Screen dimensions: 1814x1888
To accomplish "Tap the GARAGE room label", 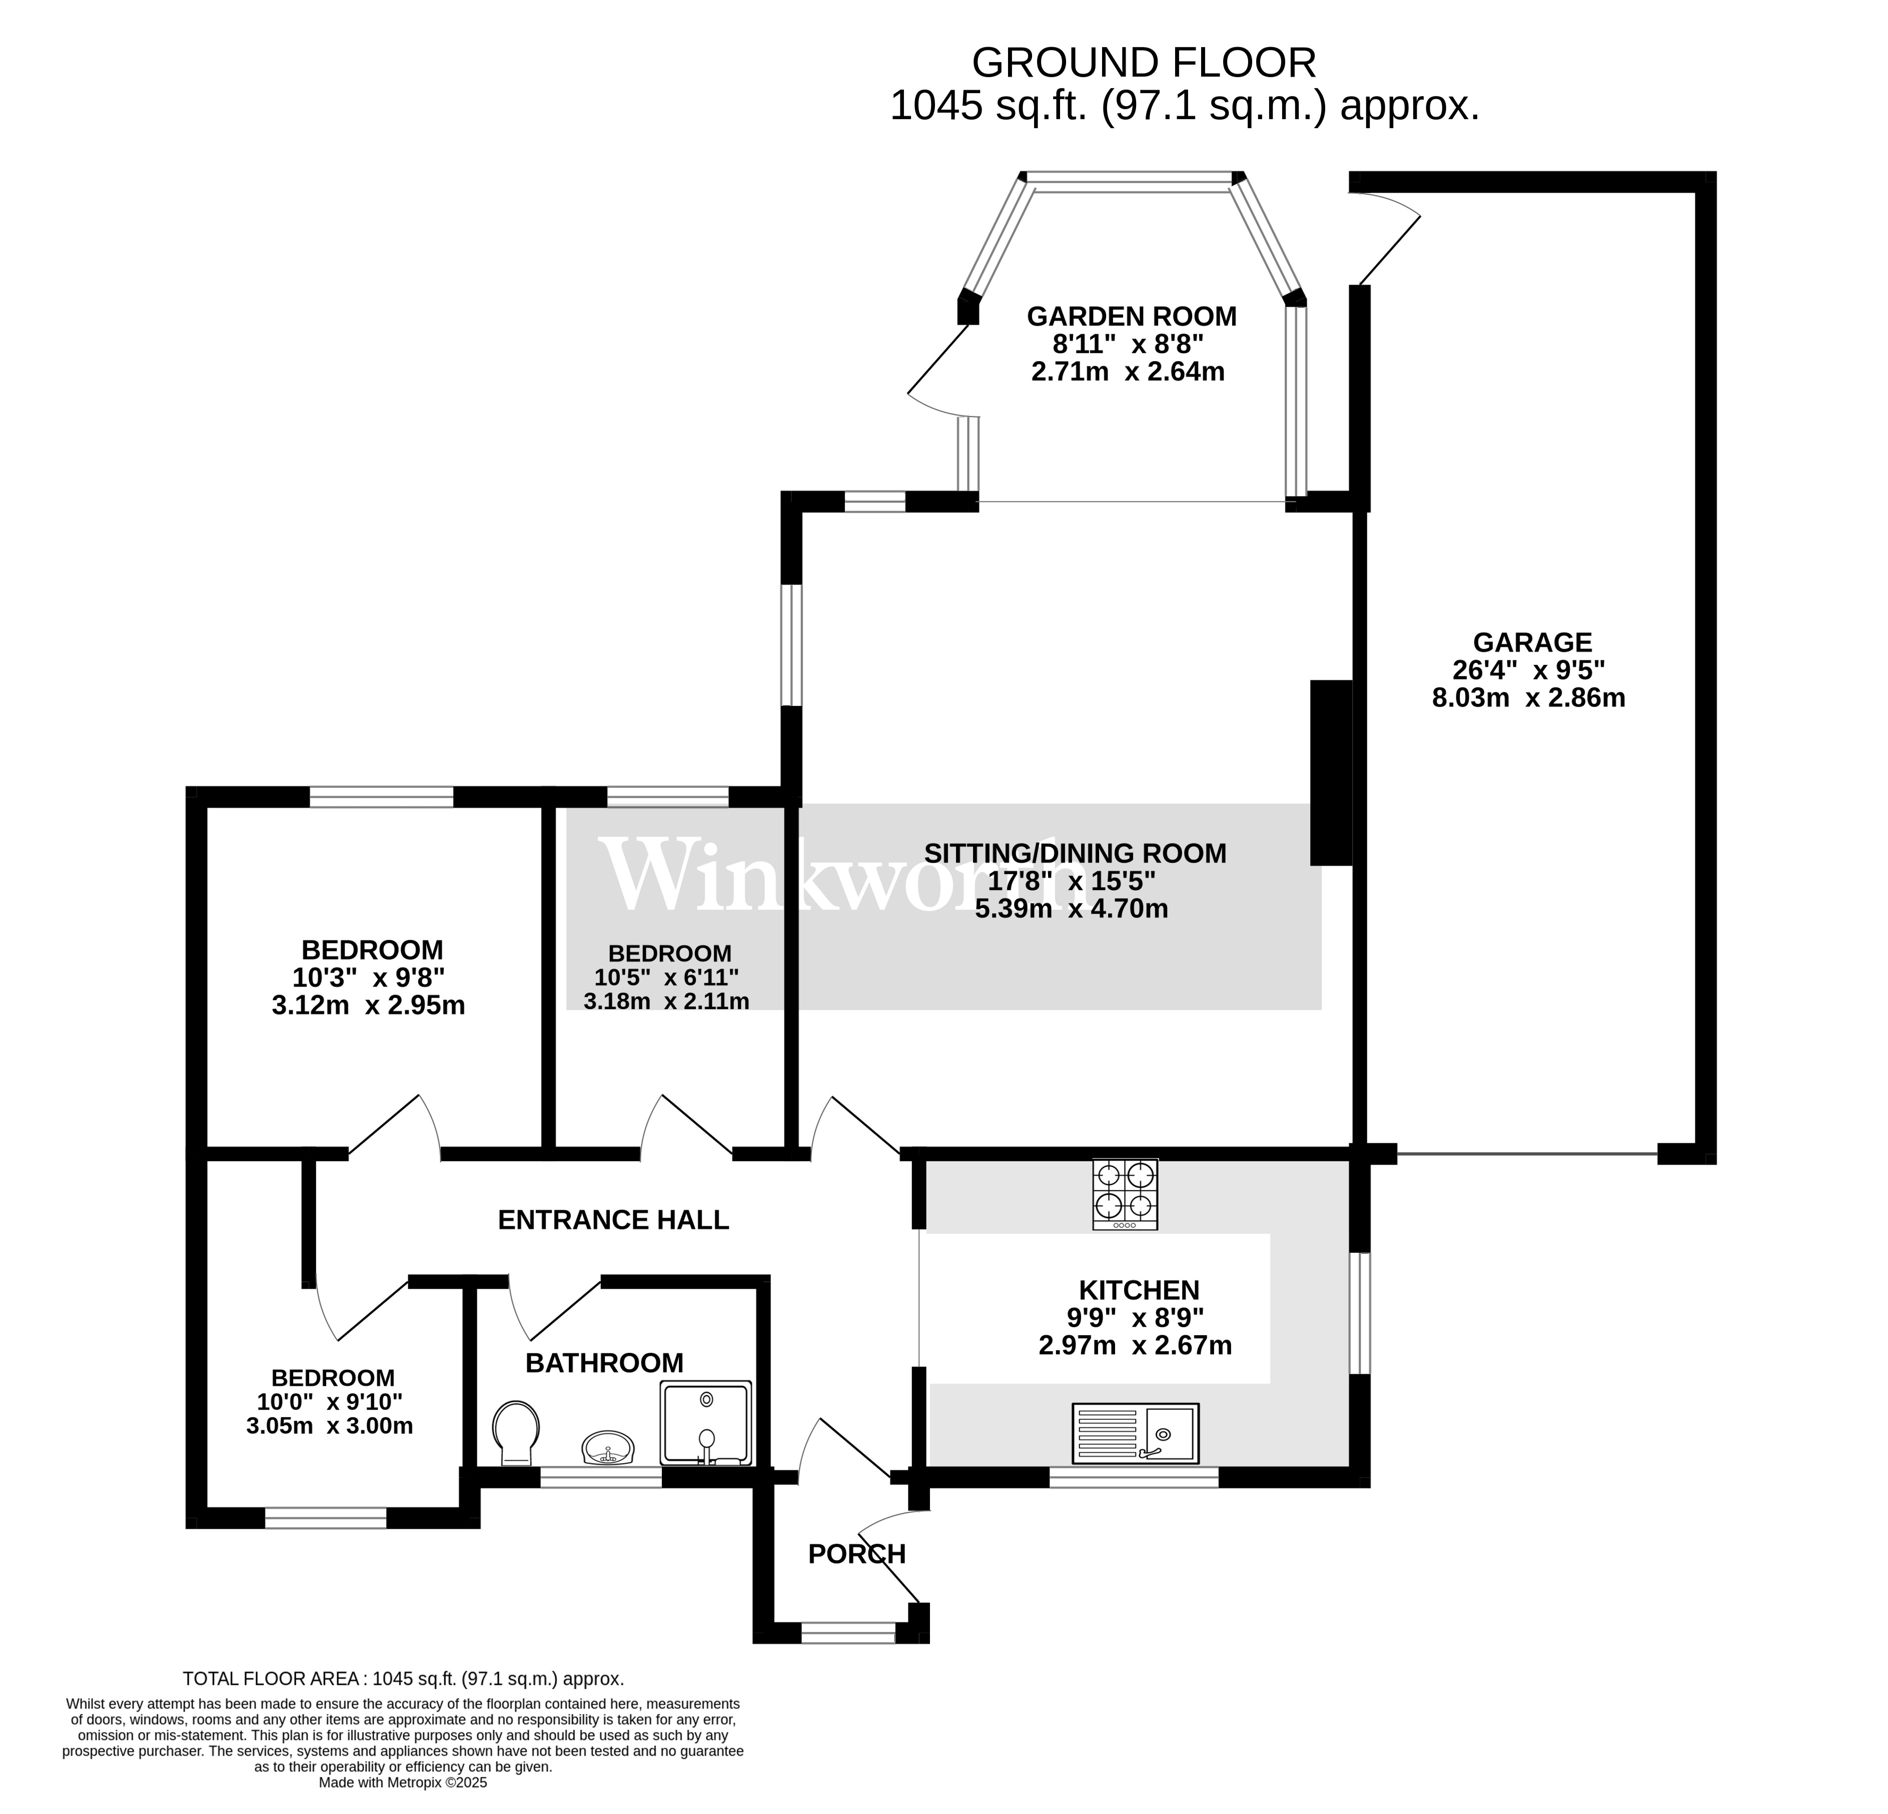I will pos(1532,641).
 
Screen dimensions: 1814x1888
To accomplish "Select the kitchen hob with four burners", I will pos(1125,1194).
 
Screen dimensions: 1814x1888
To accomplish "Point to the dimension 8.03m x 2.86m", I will pos(1529,697).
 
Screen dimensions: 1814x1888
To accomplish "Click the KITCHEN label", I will pos(1139,1290).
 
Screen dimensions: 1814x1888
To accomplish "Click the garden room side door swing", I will pos(936,371).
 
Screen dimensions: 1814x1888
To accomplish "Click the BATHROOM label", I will pos(604,1363).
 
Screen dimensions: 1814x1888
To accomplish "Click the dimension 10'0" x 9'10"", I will pos(330,1402).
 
